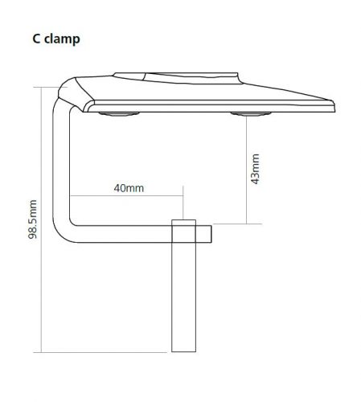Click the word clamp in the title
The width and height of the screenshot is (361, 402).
coord(62,39)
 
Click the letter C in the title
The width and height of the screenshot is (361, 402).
coord(36,39)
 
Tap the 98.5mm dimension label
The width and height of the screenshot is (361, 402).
coord(33,219)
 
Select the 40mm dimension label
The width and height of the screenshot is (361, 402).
coord(129,188)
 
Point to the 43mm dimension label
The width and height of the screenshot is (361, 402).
coord(255,169)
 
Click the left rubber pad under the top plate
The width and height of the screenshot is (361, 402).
coord(119,114)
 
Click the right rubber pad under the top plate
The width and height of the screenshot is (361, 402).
coord(251,114)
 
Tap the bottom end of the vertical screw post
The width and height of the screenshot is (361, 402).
coord(183,351)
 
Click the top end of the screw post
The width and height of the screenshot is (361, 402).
coord(183,220)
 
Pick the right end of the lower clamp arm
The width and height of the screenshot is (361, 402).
coord(211,234)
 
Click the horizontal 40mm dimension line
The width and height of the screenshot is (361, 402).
coord(126,196)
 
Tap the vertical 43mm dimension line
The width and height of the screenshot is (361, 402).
coord(247,170)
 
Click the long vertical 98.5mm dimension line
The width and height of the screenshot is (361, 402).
coord(42,219)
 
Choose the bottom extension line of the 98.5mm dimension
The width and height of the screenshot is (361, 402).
coord(101,352)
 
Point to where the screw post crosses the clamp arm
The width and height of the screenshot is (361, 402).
coord(183,234)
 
